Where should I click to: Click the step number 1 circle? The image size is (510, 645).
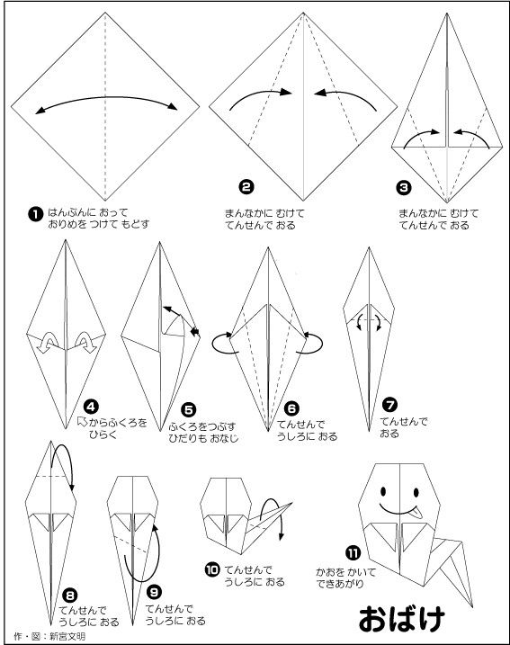click(36, 214)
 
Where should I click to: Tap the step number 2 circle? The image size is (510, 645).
click(246, 187)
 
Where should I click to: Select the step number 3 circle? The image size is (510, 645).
click(404, 188)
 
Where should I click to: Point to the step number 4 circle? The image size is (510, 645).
click(91, 407)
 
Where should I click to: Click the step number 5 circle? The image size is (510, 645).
click(188, 409)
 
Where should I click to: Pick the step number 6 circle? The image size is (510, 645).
click(291, 408)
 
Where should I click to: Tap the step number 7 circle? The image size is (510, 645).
click(389, 404)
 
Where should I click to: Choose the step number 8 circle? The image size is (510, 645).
click(69, 595)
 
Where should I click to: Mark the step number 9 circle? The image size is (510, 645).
click(154, 592)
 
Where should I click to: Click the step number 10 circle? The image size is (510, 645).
click(212, 569)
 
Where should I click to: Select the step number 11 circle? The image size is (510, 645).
click(353, 553)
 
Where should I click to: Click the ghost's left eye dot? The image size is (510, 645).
click(383, 491)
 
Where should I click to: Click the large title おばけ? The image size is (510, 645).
click(402, 618)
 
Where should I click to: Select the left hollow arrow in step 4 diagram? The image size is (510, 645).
click(47, 342)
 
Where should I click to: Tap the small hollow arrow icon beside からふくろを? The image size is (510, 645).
click(83, 421)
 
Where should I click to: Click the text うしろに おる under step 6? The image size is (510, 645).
click(307, 436)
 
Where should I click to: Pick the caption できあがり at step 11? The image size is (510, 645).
click(340, 583)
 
